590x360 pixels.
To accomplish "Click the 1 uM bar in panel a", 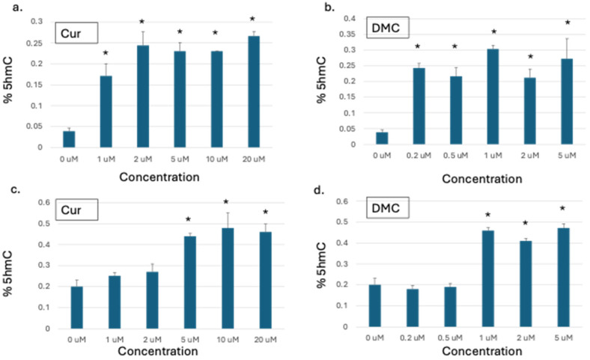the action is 106,112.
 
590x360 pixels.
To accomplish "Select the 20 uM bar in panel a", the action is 254,91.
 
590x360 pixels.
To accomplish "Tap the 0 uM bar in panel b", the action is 382,138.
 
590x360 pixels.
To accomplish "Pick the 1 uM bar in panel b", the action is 493,97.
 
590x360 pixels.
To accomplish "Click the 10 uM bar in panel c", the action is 228,278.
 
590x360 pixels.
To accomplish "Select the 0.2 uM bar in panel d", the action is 413,308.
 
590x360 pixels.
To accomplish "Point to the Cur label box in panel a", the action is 77,33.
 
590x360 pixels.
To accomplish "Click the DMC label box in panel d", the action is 388,207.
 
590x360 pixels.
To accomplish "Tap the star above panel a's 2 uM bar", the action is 142,22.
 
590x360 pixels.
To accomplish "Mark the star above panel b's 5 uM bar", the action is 568,22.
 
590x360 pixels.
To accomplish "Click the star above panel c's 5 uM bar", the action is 188,219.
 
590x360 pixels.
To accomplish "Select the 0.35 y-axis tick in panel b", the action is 347,34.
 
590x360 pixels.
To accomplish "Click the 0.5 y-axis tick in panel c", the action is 43,224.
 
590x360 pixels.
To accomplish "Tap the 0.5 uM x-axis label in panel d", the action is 450,338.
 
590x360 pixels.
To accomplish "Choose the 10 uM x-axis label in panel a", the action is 216,159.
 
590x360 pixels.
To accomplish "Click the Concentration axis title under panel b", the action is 482,179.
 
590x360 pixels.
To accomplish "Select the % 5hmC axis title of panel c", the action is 8,273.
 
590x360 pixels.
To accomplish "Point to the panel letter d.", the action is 319,190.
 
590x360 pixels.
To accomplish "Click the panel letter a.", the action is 17,7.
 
